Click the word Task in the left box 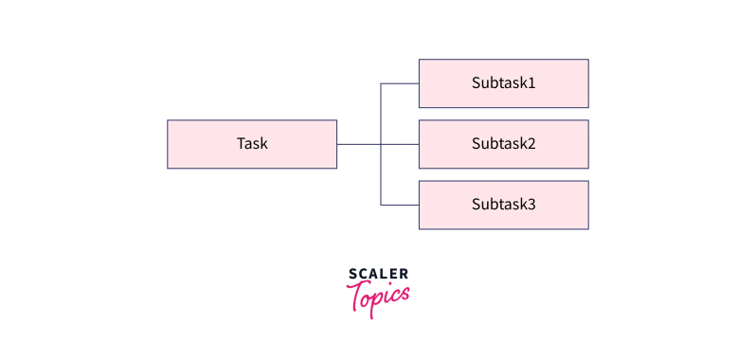252,144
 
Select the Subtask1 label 503,83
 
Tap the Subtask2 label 503,144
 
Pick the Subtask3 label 503,204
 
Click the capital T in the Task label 241,144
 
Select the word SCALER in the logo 378,275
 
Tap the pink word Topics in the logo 379,297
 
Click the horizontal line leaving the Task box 358,144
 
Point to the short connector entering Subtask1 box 400,83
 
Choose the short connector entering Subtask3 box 400,205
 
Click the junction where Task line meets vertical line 381,144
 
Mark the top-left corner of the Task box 168,120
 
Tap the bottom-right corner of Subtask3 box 588,228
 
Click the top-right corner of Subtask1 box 588,60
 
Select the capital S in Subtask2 477,144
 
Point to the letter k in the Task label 263,144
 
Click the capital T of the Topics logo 357,297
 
